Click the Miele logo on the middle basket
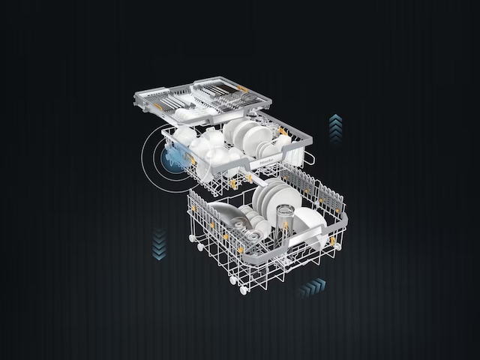point(268,160)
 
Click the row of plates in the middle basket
point(247,135)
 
